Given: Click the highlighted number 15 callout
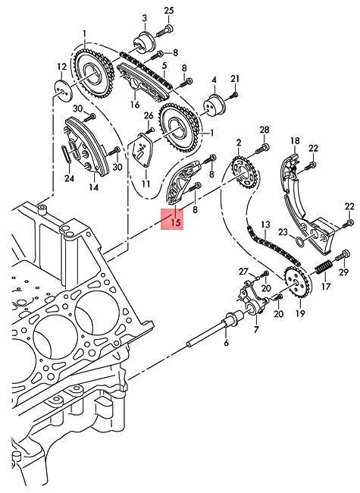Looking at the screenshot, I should click(175, 222).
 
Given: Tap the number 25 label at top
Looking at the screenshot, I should click(168, 10).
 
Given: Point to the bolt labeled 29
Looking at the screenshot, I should click(345, 253).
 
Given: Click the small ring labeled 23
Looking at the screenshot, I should click(303, 243).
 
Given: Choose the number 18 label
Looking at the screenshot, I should click(296, 141).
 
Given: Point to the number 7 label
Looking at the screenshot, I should click(255, 329).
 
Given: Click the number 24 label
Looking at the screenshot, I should click(69, 179).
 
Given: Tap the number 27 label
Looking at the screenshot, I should click(243, 271).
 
